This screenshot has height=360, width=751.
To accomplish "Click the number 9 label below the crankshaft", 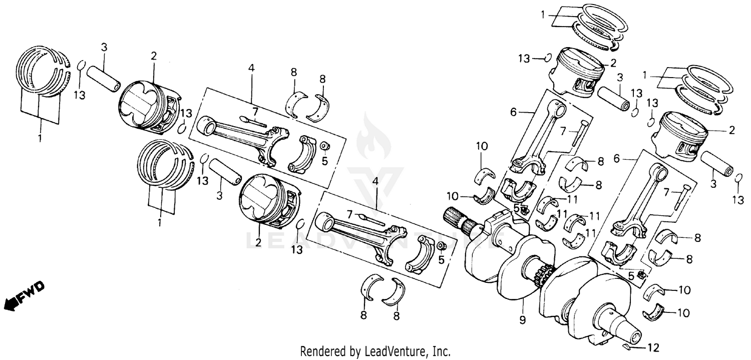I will point(522,319).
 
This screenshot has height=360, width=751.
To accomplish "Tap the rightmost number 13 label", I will point(737,200).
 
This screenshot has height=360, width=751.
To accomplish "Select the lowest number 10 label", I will point(683,313).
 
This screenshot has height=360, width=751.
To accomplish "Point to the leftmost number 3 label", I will point(104,48).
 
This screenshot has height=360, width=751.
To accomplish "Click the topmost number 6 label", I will point(513,113).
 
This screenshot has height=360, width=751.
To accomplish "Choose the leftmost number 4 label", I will point(251,68).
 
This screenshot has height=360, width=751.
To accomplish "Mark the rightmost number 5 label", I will point(631,275).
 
